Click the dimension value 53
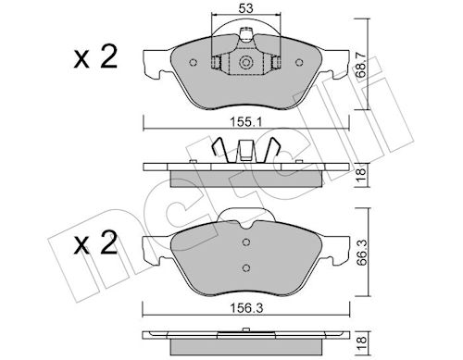click(245, 8)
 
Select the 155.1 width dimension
click(245, 122)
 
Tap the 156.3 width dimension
click(246, 308)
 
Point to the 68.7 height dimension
click(361, 64)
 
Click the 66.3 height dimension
click(362, 253)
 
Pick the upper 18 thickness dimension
click(362, 175)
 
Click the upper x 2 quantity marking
click(95, 56)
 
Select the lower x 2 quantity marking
click(95, 242)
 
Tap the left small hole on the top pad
click(193, 63)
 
